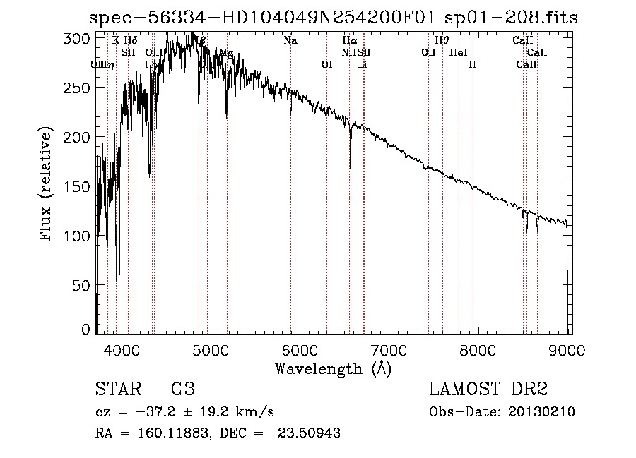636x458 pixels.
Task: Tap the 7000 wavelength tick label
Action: pyautogui.click(x=389, y=350)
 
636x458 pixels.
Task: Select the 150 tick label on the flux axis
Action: pyautogui.click(x=80, y=186)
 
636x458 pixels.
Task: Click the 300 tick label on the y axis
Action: pyautogui.click(x=80, y=38)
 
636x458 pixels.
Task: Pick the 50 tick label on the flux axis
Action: pyautogui.click(x=83, y=285)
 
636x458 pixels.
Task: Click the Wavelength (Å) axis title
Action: pyautogui.click(x=333, y=368)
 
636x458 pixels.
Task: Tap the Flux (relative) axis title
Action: pyautogui.click(x=47, y=185)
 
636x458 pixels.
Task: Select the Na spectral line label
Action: pyautogui.click(x=290, y=41)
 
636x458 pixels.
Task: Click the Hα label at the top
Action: pyautogui.click(x=349, y=41)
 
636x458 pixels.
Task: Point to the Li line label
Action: pyautogui.click(x=363, y=64)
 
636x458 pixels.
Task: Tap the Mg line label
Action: pyautogui.click(x=226, y=53)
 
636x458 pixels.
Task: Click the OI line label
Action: pyautogui.click(x=326, y=64)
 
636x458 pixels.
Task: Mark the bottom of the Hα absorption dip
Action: pyautogui.click(x=350, y=168)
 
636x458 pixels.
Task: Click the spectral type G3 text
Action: pyautogui.click(x=182, y=390)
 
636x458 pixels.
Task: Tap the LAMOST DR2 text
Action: pyautogui.click(x=488, y=390)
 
